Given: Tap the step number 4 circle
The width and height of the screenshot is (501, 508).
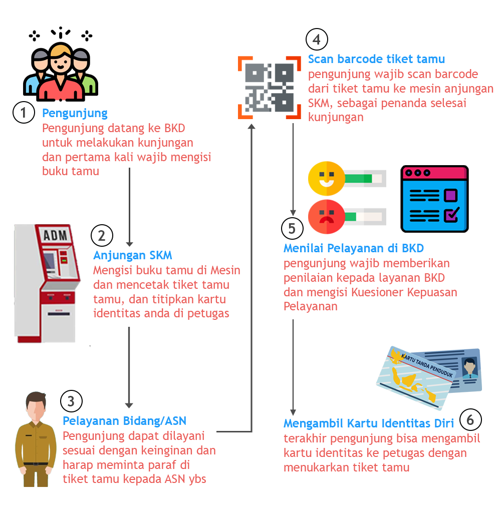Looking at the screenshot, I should [x=317, y=39].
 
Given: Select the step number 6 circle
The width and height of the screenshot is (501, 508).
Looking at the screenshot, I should [x=470, y=420].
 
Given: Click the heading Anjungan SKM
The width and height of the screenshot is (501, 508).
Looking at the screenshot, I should [x=133, y=255].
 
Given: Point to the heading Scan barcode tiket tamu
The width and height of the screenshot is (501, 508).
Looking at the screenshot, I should [x=376, y=59].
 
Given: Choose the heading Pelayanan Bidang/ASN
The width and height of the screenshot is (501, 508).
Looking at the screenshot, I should [x=124, y=420].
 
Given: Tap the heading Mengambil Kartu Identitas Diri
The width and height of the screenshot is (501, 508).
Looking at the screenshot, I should [x=368, y=423].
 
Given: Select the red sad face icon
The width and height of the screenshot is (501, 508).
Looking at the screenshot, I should [x=326, y=216].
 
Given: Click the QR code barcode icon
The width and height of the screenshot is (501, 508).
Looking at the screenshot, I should [x=270, y=87].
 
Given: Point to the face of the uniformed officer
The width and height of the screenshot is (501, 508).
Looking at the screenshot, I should [x=36, y=410].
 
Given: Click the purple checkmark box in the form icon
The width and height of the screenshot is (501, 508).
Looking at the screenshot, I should [x=450, y=215].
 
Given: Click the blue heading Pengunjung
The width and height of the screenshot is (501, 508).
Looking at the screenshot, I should [x=75, y=113].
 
